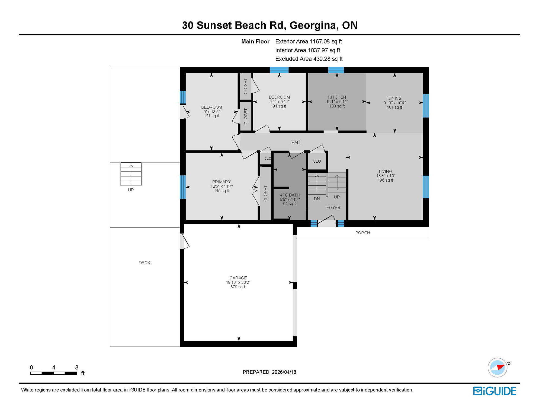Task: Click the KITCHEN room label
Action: coord(337,97)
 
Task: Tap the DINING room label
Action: coord(394,99)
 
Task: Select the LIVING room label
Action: coord(385,172)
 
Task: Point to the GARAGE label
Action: coord(238,278)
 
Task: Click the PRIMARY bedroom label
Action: coord(221,182)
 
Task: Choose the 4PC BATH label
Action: coord(290,195)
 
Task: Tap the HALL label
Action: coord(296,143)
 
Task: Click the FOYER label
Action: coord(333,208)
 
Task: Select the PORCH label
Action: coord(362,233)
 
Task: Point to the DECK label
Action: coord(144,263)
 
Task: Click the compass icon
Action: coord(498,368)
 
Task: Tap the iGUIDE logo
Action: coord(495,391)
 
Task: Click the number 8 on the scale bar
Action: coord(77,368)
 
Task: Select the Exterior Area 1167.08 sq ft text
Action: coord(308,42)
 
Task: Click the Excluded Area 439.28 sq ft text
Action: coord(309,59)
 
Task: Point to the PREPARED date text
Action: coord(269,372)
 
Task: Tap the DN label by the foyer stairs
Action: coord(317,199)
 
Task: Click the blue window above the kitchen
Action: coord(336,70)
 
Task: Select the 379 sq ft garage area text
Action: coord(238,287)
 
